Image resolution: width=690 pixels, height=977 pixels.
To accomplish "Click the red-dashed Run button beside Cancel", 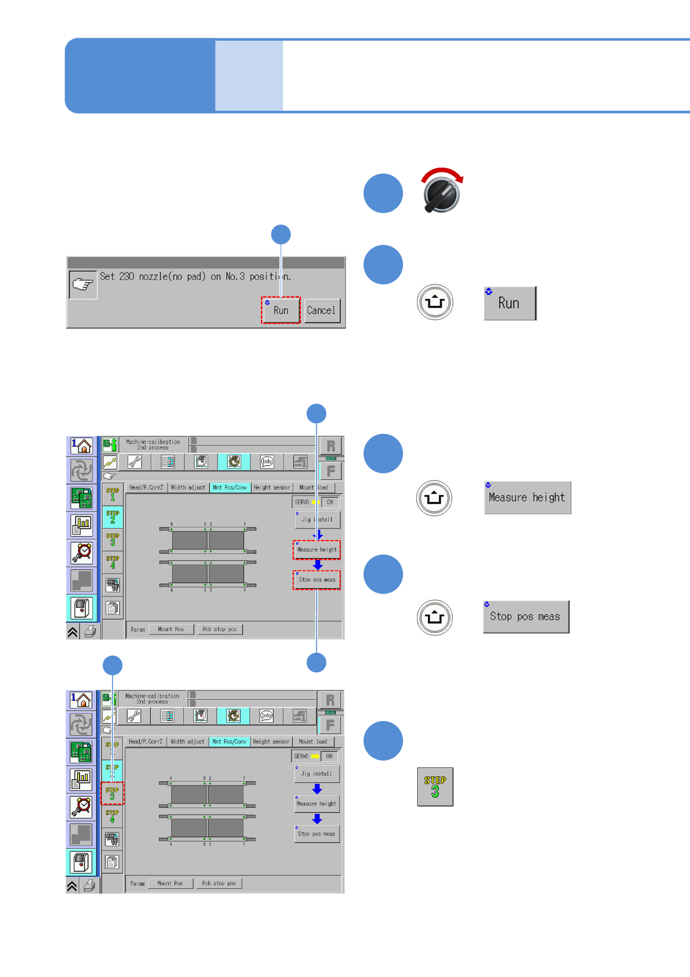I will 281,310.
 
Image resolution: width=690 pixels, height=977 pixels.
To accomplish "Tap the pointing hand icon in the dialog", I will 83,284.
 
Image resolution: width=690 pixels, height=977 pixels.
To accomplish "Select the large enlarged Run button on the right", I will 510,303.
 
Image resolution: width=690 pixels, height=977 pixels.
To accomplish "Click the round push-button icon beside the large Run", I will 435,302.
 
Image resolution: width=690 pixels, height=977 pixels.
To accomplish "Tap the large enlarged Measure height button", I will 527,497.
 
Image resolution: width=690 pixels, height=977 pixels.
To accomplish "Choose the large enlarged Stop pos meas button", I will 525,616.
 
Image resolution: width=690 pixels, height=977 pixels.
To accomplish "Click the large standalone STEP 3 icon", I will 435,787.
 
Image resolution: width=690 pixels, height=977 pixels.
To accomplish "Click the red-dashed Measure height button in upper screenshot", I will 317,549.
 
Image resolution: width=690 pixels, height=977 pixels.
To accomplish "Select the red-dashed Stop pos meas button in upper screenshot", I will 317,580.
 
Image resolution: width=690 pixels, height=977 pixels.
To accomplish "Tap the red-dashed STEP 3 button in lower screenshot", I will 112,793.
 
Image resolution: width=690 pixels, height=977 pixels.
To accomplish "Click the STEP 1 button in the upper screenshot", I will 112,494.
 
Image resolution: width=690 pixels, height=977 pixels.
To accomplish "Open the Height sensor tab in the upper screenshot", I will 271,487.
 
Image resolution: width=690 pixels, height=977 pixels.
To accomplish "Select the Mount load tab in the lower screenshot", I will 313,741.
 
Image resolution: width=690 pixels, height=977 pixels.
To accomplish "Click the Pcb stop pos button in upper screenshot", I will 219,629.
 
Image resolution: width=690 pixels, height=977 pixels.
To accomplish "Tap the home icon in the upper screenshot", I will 82,446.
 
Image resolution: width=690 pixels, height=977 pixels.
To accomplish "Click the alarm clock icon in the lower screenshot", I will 82,806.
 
